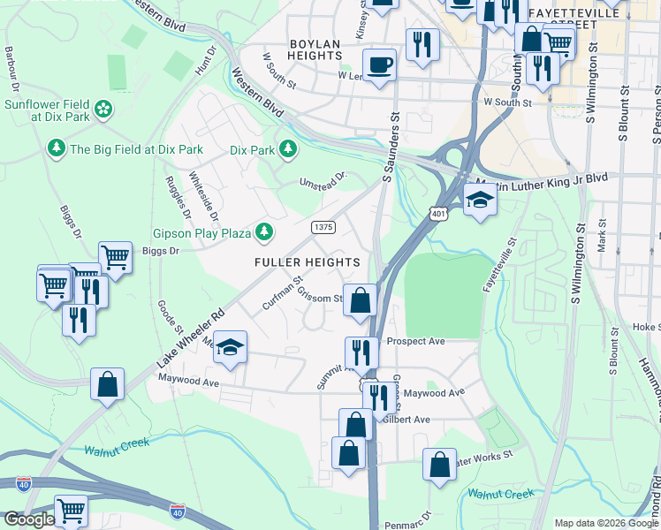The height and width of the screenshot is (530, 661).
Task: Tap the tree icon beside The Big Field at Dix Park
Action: click(x=57, y=148)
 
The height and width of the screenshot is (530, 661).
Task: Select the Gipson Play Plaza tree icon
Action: click(x=263, y=231)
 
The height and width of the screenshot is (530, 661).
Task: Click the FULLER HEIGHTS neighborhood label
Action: click(x=307, y=262)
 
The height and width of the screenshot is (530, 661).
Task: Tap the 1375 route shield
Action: click(x=323, y=227)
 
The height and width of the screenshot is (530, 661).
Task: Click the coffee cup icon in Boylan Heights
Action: click(x=379, y=64)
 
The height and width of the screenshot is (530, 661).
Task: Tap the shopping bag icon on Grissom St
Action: click(x=360, y=299)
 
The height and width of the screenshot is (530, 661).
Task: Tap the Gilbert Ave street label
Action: click(x=406, y=420)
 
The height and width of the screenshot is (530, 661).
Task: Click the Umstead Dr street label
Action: click(x=323, y=180)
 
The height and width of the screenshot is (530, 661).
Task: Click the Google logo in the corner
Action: click(x=28, y=519)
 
